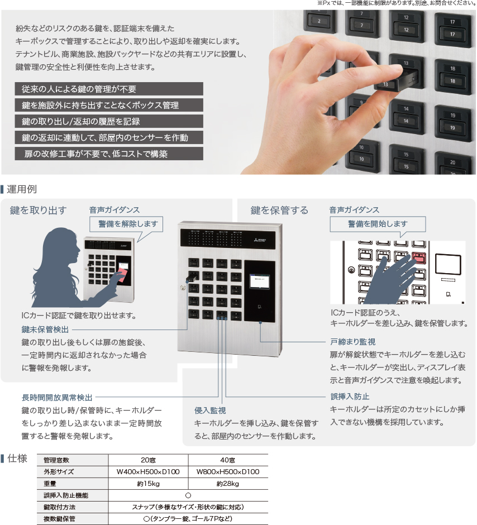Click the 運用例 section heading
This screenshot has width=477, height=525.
click(x=22, y=189)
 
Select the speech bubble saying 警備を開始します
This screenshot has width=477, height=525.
click(x=378, y=225)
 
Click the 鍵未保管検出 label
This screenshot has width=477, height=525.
click(x=45, y=330)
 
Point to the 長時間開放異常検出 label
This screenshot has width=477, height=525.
click(x=57, y=398)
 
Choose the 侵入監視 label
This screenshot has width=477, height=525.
click(x=210, y=411)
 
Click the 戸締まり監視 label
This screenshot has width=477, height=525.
click(x=353, y=342)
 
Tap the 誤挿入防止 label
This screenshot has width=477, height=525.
click(x=350, y=397)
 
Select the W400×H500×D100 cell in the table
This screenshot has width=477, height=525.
click(x=148, y=472)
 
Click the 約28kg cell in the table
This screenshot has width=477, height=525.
click(x=228, y=484)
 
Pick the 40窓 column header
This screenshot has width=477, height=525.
click(x=228, y=460)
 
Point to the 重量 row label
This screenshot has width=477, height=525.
click(x=50, y=484)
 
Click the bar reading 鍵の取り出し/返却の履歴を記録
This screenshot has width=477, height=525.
click(x=109, y=121)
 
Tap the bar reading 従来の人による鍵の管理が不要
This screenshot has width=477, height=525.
click(x=109, y=89)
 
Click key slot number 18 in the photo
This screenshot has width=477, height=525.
click(x=452, y=75)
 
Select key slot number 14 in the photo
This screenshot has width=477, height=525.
click(x=406, y=115)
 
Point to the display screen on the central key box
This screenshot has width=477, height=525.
click(x=259, y=281)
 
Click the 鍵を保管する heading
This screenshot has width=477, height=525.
click(x=279, y=210)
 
